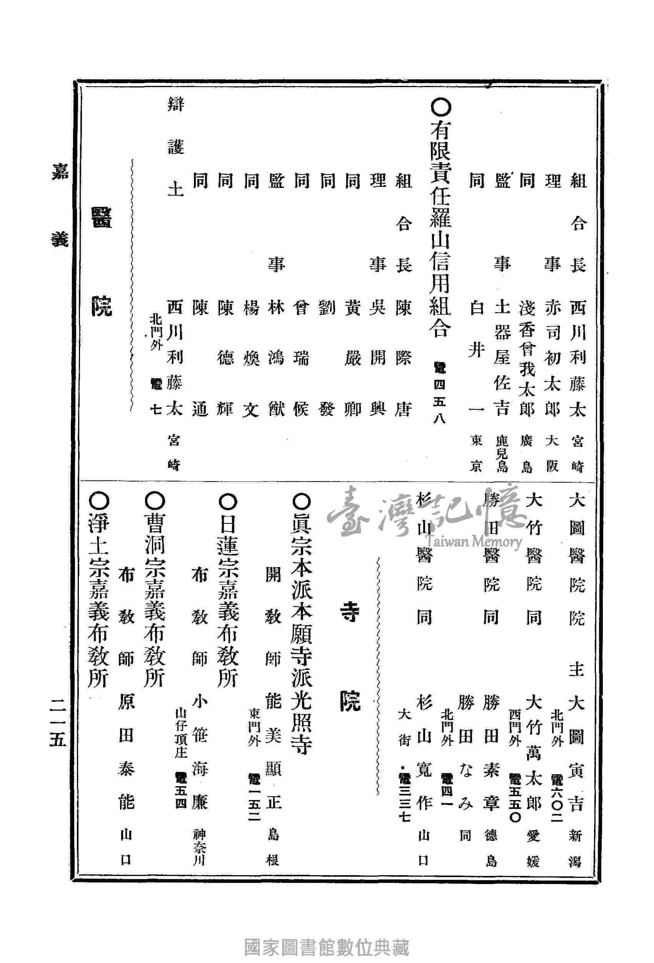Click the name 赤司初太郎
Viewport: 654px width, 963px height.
pos(552,359)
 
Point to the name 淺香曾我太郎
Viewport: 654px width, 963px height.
pos(527,359)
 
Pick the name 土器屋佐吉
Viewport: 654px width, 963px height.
pos(502,359)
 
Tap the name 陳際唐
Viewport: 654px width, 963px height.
pos(403,359)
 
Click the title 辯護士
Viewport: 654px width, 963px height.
pos(175,147)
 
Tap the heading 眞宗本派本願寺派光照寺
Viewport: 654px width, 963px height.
pos(302,625)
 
